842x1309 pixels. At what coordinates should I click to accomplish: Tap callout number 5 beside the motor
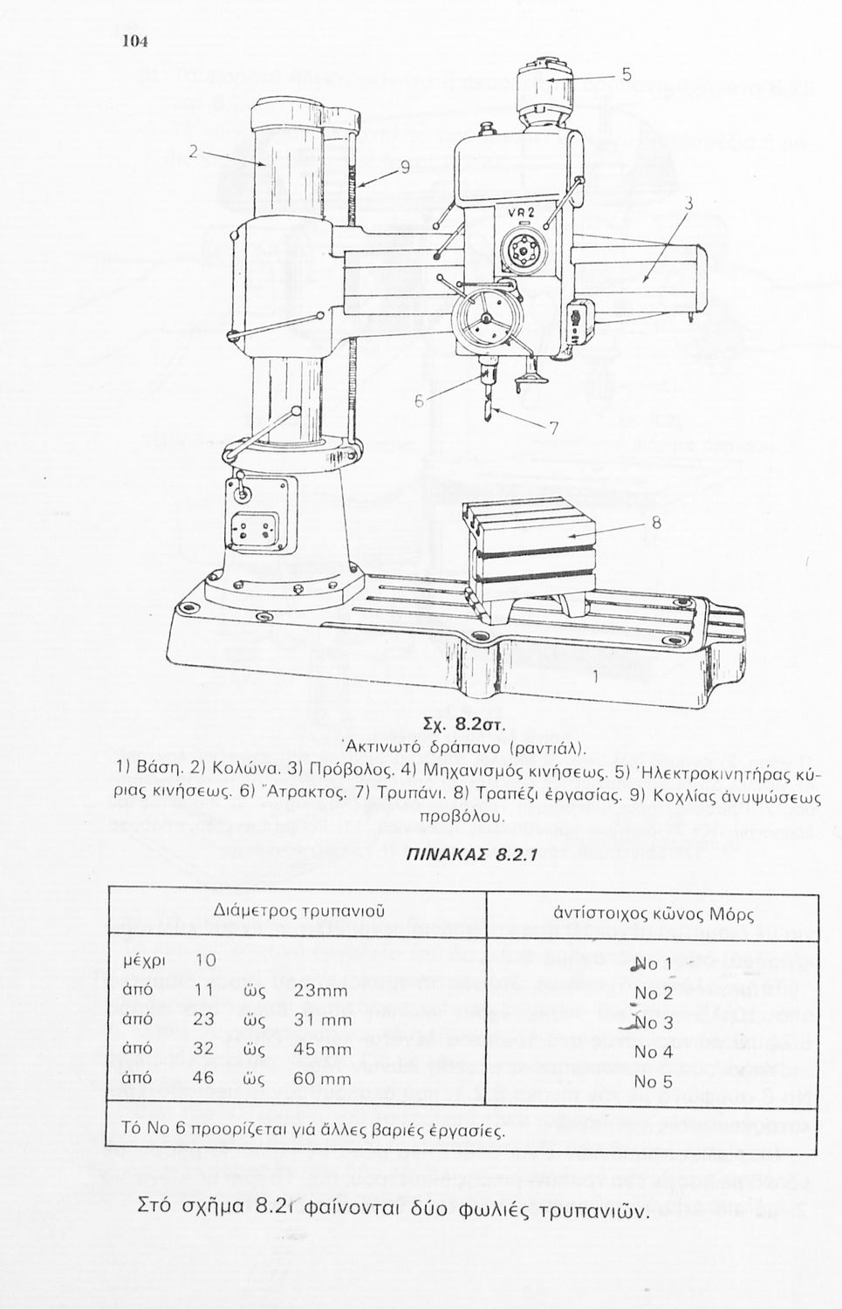coord(627,75)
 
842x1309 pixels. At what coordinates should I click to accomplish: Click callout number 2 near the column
coord(194,150)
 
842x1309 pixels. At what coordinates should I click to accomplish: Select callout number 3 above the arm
coord(689,204)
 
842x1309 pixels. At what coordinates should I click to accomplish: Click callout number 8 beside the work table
coord(656,523)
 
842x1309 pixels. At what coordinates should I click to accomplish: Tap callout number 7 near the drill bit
coord(552,428)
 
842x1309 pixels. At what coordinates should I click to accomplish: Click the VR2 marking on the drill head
coord(521,212)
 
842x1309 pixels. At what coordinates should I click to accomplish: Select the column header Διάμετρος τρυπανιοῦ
coord(299,910)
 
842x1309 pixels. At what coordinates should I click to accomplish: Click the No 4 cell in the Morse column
coord(654,1052)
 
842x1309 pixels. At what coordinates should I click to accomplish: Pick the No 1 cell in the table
coord(654,964)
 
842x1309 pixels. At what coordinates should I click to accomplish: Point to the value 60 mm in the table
coord(322,1079)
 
